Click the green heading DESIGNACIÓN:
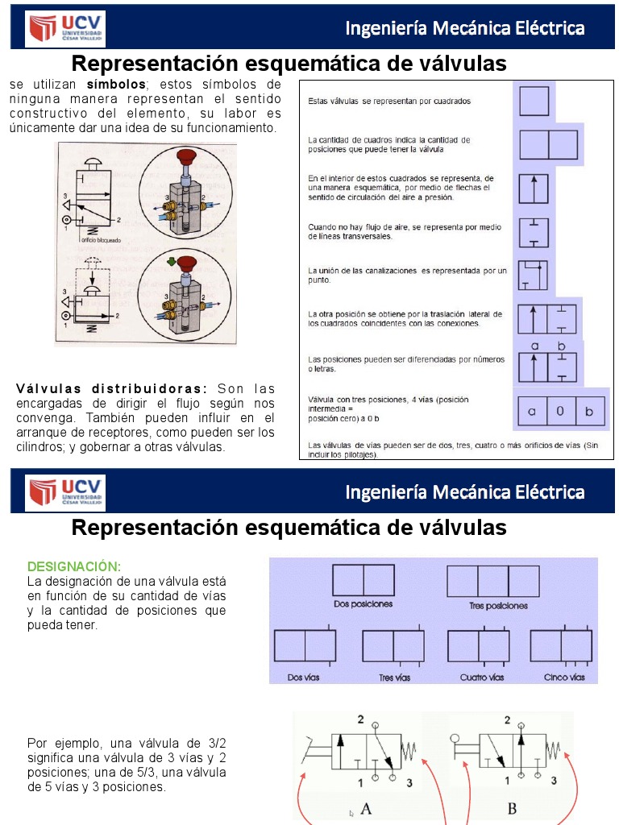pos(74,566)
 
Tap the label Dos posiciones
pos(363,603)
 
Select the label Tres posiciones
pos(497,605)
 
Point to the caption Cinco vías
pos(564,678)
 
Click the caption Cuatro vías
pos(482,678)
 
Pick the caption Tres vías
pos(395,678)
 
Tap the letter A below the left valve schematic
pos(365,808)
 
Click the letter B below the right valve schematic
pos(512,808)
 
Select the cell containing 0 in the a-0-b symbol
pos(560,412)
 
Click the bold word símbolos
pos(116,84)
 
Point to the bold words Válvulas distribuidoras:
pos(112,388)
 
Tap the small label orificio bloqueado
pos(100,239)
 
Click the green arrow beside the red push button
pos(171,262)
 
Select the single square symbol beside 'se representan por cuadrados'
pos(534,102)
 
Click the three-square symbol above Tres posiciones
pos(492,582)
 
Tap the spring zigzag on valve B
pos(554,752)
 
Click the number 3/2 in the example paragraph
pos(217,743)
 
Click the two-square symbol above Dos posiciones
pos(363,580)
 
